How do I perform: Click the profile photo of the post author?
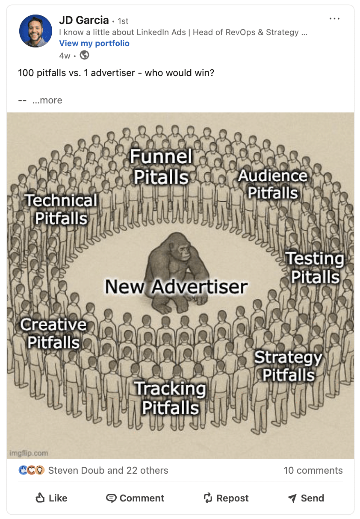point(35,31)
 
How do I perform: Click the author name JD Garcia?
point(83,21)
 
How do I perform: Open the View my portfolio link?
point(94,43)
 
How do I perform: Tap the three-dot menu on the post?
point(334,19)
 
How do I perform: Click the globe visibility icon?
point(85,55)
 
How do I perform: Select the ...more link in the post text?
point(47,100)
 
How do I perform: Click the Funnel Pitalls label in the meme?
point(161,167)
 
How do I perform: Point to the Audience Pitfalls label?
point(273,184)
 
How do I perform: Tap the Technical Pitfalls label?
point(61,209)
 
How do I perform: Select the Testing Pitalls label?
point(315,268)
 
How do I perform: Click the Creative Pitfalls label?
point(53,333)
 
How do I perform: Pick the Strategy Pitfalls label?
point(288,366)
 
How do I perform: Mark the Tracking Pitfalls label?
point(170,398)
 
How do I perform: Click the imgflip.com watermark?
point(29,453)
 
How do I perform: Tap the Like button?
point(51,498)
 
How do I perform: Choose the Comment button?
point(135,498)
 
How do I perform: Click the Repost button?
point(226,498)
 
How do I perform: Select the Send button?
point(306,498)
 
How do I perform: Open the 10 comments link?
point(313,471)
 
